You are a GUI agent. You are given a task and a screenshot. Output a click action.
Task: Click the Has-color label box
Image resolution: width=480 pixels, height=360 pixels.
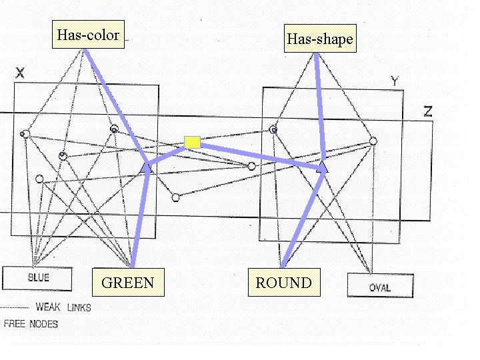(88, 35)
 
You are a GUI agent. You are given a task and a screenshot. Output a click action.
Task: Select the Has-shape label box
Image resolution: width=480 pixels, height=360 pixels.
(319, 39)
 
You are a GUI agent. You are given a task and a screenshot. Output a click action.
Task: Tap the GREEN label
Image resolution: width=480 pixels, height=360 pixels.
(127, 283)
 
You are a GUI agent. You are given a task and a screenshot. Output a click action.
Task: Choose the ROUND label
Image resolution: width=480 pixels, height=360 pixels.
(283, 283)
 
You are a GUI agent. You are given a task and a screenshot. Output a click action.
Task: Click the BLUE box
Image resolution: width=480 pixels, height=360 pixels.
(37, 278)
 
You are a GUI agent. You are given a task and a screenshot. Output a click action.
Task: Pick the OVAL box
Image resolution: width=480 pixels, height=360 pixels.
(379, 287)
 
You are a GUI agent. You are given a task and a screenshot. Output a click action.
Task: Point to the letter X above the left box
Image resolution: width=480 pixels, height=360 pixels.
(20, 73)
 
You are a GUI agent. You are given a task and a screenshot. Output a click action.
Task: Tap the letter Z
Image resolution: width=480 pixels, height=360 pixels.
(427, 111)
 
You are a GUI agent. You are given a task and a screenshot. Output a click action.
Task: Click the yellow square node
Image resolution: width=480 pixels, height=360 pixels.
(192, 141)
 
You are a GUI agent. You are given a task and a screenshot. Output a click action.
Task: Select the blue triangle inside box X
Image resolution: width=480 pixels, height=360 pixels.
(147, 169)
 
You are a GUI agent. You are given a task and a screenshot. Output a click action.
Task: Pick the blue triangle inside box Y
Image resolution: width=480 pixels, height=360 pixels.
(322, 167)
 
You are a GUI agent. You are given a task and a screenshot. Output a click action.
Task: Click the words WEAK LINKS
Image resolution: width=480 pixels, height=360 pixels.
(63, 307)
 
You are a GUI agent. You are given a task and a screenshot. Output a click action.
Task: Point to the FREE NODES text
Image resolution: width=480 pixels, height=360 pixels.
(31, 324)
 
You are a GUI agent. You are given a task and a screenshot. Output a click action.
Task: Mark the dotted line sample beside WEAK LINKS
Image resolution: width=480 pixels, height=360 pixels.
(15, 308)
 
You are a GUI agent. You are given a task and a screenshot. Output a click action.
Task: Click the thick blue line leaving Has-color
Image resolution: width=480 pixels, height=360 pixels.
(113, 100)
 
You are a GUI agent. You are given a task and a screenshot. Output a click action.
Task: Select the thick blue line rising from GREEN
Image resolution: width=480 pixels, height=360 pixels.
(139, 220)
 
